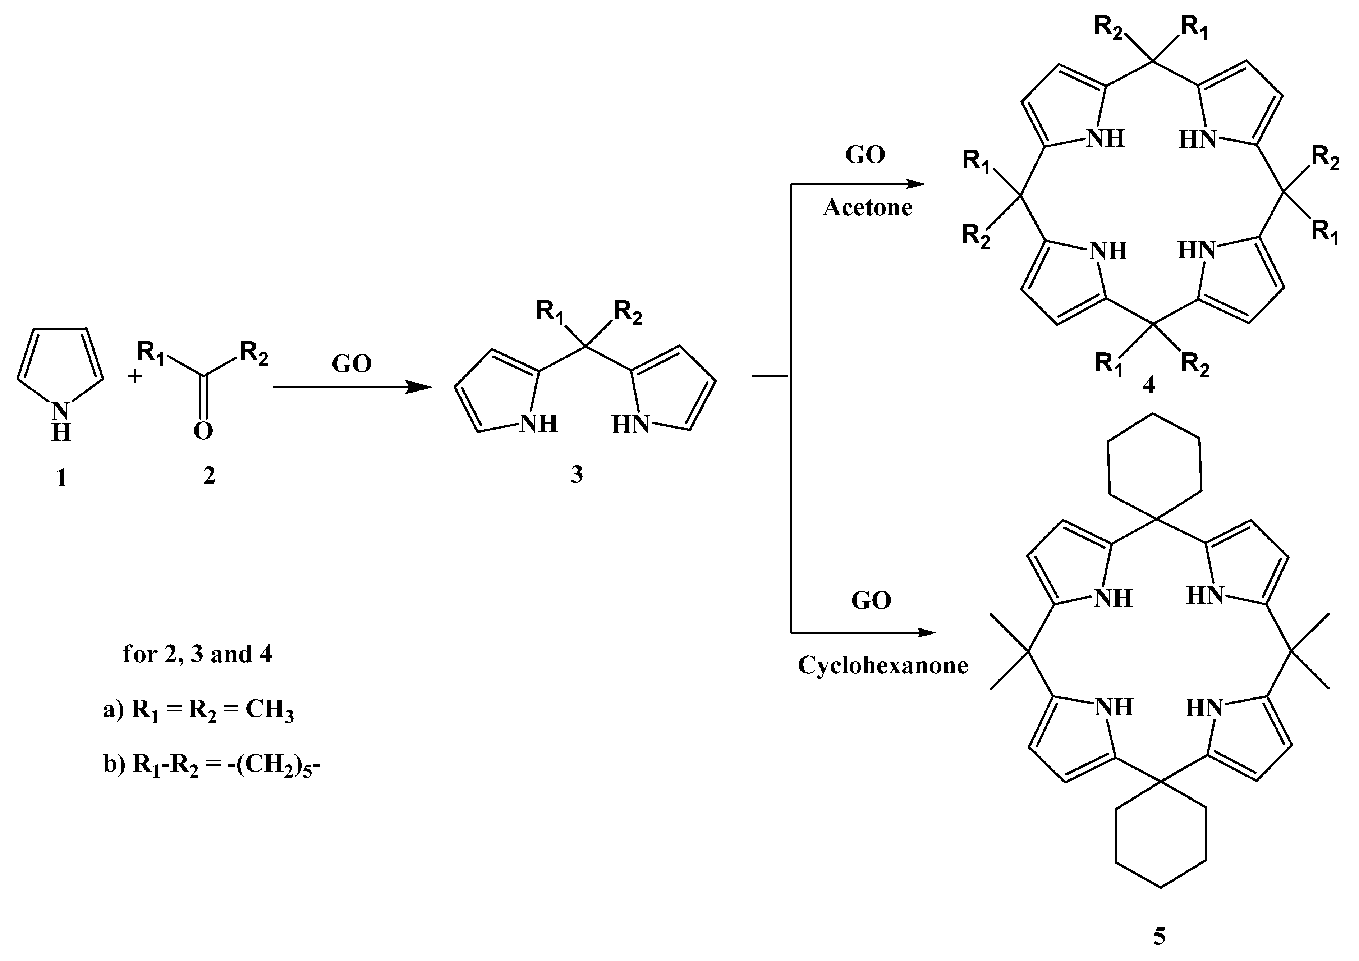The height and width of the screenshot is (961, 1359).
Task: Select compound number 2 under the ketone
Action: tap(209, 476)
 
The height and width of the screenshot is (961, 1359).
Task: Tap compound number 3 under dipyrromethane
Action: tap(577, 474)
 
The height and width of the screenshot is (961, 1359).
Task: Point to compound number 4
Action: tap(1148, 385)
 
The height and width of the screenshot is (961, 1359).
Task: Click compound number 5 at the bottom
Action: tap(1159, 936)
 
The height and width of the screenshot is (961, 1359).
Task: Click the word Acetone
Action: tap(867, 207)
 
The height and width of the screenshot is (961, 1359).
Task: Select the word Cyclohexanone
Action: tap(882, 665)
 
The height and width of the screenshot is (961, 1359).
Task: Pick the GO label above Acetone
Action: tap(865, 155)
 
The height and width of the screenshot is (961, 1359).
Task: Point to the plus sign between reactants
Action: tap(135, 376)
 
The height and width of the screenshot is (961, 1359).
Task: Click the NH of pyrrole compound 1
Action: tap(61, 422)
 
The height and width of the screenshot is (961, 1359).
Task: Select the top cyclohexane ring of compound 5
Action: tap(1154, 468)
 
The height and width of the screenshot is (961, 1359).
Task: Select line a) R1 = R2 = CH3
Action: tap(198, 709)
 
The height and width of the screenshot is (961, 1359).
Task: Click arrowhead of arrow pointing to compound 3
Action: tap(422, 387)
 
